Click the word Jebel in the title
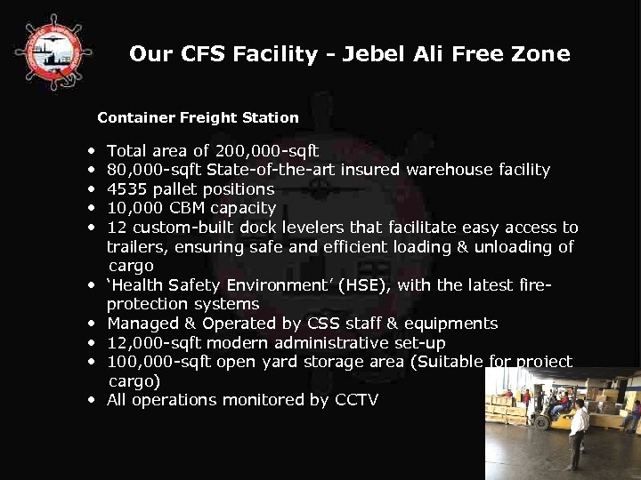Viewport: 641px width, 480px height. click(376, 54)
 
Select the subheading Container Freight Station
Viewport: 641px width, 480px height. click(198, 117)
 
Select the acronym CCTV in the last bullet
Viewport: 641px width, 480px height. click(356, 400)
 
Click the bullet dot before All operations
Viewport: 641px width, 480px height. click(92, 400)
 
